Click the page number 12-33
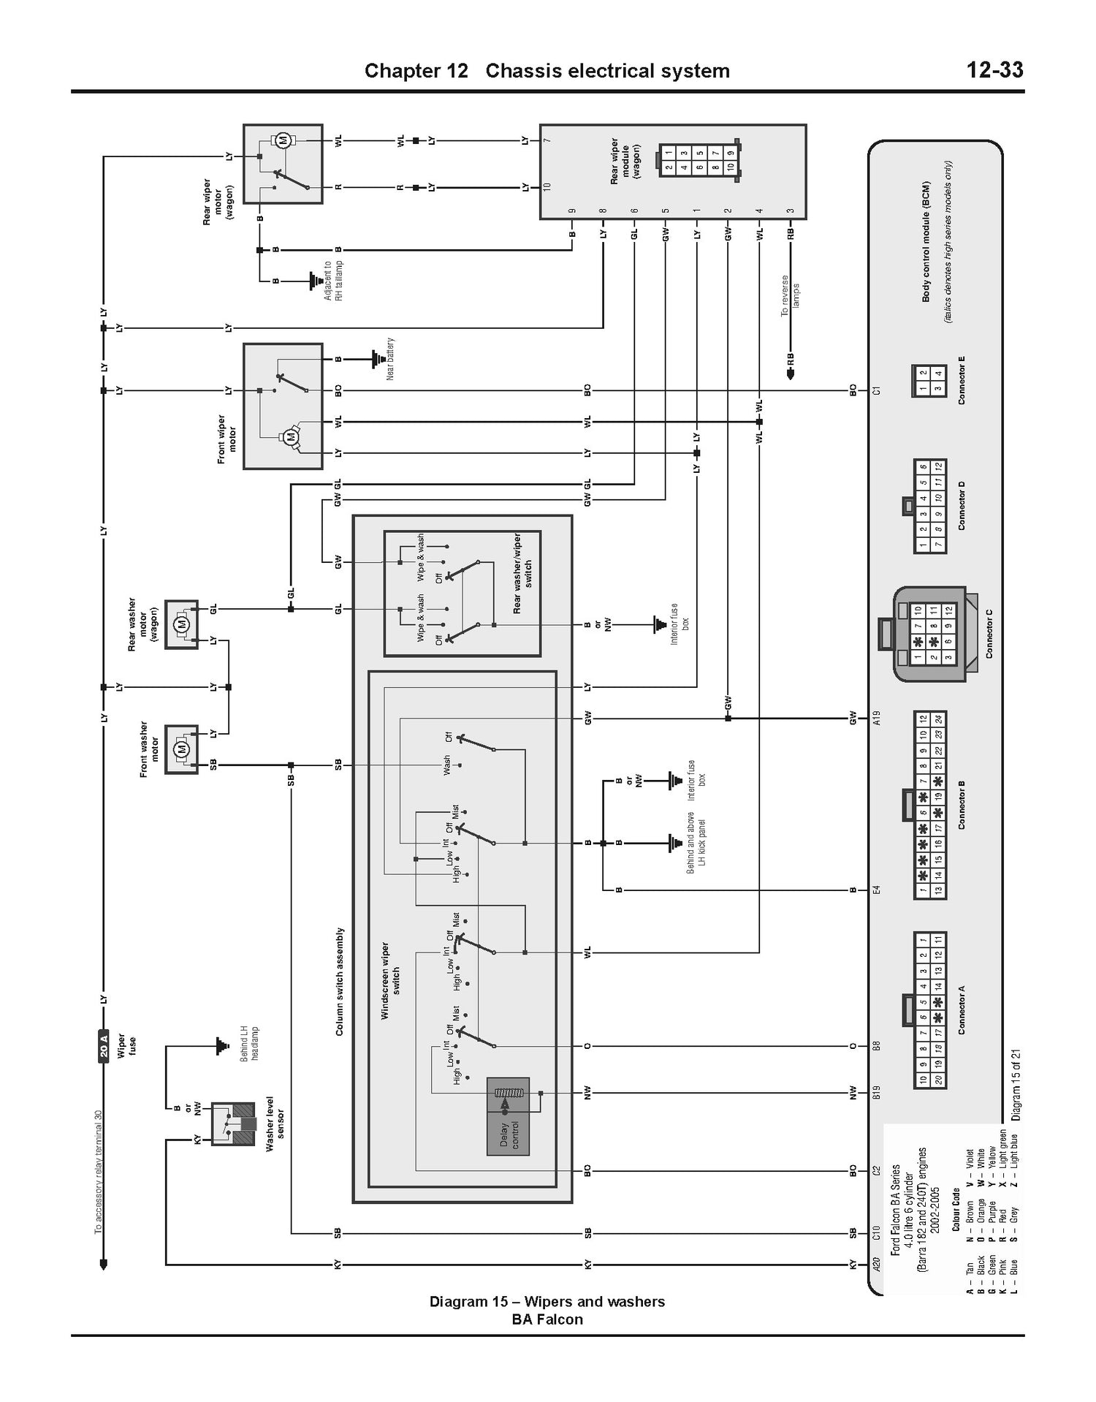994,70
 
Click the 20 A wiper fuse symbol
104,1046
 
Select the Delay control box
509,1116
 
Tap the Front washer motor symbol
181,749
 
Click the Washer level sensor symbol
233,1124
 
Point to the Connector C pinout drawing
929,634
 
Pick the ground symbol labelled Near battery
378,359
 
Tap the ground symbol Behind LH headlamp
218,1046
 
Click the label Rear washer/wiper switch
522,574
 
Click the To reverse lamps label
791,295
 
